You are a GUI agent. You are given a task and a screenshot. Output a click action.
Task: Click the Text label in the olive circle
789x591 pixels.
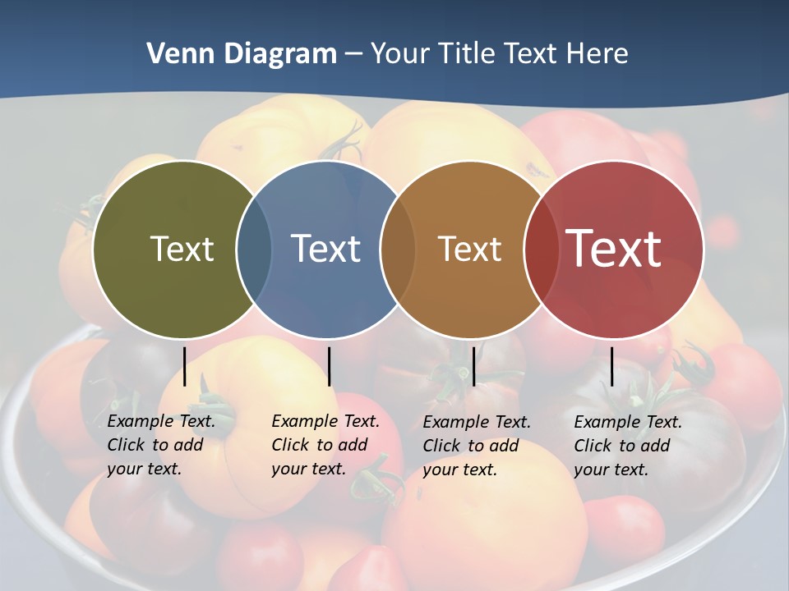[x=182, y=249]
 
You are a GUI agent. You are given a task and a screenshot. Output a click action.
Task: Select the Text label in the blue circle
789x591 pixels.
[x=325, y=249]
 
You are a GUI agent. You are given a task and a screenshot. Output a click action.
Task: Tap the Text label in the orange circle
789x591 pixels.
[x=469, y=249]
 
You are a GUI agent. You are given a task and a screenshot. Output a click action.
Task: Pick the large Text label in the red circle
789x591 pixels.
[x=614, y=248]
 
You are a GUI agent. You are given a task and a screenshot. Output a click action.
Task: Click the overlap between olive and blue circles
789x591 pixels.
[x=254, y=249]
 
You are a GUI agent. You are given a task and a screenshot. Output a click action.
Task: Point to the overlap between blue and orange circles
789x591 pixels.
[x=398, y=249]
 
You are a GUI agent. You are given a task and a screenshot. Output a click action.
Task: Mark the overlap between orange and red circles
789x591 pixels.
[x=542, y=249]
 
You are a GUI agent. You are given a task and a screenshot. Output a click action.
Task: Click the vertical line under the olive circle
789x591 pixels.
[x=185, y=366]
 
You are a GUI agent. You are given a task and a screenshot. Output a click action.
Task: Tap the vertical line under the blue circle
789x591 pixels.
[x=329, y=366]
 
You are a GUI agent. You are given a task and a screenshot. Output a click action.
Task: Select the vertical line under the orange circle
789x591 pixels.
[x=473, y=366]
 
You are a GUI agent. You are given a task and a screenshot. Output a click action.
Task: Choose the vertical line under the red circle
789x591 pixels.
[x=611, y=366]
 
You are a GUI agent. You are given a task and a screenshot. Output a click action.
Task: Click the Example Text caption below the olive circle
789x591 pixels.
[x=160, y=445]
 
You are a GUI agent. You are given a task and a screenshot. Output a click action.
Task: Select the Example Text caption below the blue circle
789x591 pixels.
[x=325, y=445]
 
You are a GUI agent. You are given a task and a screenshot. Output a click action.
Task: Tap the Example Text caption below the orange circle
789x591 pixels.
[x=476, y=446]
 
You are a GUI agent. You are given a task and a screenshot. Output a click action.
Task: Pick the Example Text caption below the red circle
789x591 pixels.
[x=627, y=446]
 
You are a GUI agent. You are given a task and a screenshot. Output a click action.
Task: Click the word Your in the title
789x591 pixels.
[x=401, y=54]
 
